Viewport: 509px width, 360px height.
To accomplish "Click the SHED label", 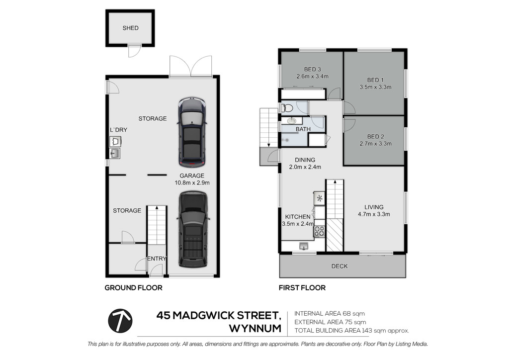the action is [x=131, y=28].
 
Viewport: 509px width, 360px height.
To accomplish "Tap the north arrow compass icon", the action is [x=120, y=321].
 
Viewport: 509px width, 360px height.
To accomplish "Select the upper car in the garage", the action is [x=192, y=132].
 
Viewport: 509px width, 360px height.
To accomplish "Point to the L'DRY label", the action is [x=118, y=130].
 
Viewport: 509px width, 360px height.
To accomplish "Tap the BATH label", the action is [x=303, y=129].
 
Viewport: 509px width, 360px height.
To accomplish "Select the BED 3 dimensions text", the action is [x=312, y=77].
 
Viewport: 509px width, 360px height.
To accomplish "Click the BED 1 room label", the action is [x=376, y=80].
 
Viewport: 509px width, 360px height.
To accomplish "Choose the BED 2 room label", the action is [x=376, y=137].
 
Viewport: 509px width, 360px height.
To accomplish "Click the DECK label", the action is [x=339, y=266].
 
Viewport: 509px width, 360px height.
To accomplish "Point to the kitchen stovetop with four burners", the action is [x=319, y=231].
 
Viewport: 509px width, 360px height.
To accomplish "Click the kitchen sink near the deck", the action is [x=304, y=246].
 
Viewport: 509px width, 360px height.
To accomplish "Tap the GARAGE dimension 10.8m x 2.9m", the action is [x=192, y=183].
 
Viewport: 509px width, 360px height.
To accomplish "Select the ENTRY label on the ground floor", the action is [x=157, y=259].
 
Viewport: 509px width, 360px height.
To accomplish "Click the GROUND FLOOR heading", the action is [x=133, y=287].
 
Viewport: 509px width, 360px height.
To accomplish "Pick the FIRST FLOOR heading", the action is [x=302, y=287].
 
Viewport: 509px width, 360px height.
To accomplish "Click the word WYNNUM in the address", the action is [x=255, y=329].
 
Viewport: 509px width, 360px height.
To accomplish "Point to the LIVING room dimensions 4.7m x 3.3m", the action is [x=374, y=214].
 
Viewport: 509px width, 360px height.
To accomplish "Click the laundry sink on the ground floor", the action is [x=115, y=154].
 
